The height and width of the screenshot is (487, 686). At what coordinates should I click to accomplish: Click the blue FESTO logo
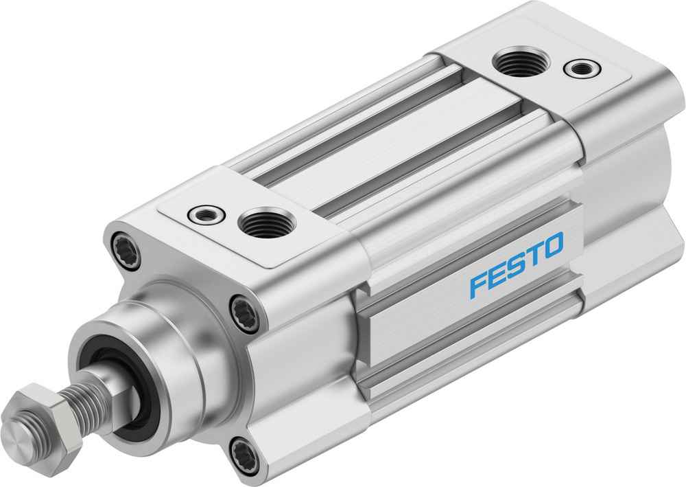pos(516,264)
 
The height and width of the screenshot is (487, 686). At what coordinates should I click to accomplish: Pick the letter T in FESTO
pos(534,255)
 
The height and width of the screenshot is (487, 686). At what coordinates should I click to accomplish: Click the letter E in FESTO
pos(497,274)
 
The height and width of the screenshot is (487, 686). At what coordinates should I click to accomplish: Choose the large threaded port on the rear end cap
pos(520,63)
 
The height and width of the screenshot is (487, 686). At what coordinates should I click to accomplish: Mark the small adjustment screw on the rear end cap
pos(581,68)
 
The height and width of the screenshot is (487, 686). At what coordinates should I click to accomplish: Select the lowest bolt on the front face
pos(246,453)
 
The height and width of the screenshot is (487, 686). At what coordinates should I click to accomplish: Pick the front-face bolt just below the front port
pos(246,313)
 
